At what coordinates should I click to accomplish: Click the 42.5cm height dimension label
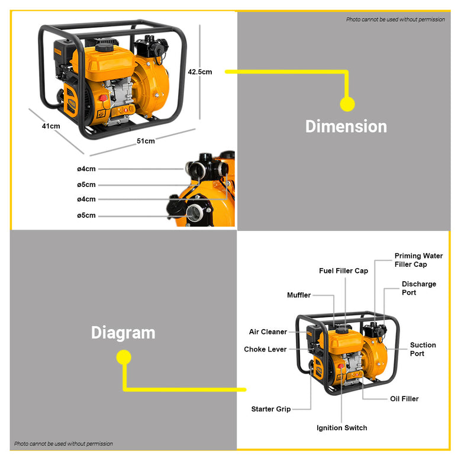199,72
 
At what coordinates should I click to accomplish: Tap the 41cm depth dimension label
51,126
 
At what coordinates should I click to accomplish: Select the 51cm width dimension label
146,141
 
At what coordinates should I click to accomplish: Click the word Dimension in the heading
346,127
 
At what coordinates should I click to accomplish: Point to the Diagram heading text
123,333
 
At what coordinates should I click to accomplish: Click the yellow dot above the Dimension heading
347,104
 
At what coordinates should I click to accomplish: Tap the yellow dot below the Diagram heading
123,357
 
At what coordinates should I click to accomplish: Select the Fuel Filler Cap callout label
343,271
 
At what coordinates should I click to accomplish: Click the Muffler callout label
298,295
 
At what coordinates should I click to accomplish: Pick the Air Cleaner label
267,332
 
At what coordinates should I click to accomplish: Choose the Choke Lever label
265,350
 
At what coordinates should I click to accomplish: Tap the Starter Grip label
270,409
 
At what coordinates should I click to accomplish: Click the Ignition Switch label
341,428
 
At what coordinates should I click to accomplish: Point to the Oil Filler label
404,399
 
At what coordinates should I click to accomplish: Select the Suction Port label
423,349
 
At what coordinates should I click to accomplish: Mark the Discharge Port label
418,288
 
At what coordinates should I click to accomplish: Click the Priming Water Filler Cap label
418,260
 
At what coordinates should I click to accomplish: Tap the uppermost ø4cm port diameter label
86,169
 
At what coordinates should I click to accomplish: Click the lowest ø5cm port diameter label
86,215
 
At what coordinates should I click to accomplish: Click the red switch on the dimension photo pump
103,98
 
